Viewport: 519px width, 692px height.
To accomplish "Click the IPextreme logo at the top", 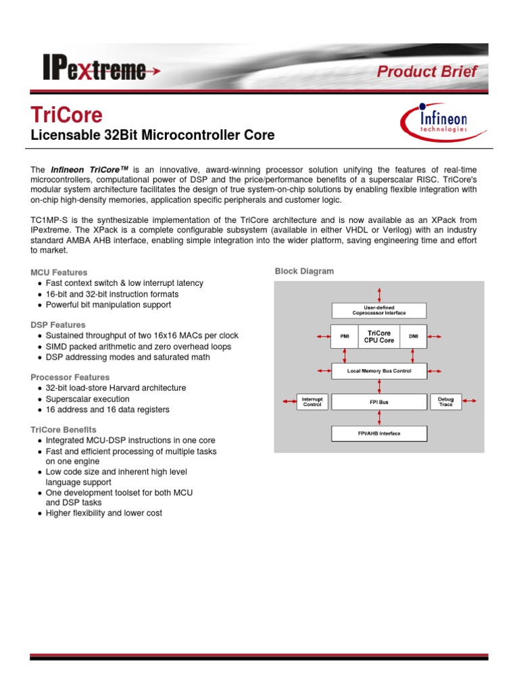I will [95, 70].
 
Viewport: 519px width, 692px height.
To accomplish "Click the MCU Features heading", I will [59, 272].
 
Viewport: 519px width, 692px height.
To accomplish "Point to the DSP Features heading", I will [58, 325].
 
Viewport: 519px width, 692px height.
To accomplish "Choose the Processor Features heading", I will [70, 377].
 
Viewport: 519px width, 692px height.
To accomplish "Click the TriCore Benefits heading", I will [64, 430].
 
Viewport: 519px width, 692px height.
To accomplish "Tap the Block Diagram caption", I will [304, 271].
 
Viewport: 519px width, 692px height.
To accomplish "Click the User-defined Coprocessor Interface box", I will [378, 310].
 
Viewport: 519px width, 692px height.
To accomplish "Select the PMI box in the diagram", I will [345, 337].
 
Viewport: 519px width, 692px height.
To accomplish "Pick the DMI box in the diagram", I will [414, 337].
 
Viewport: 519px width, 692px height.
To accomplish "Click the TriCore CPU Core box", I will [379, 337].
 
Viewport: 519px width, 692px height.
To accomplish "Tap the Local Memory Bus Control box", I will [378, 371].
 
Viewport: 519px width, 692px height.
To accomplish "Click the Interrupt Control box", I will [312, 402].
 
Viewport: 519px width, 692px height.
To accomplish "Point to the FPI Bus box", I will [378, 402].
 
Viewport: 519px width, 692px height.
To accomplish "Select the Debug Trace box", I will [445, 402].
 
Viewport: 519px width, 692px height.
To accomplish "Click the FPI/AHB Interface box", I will [378, 433].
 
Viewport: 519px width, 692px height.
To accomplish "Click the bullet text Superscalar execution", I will [87, 399].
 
